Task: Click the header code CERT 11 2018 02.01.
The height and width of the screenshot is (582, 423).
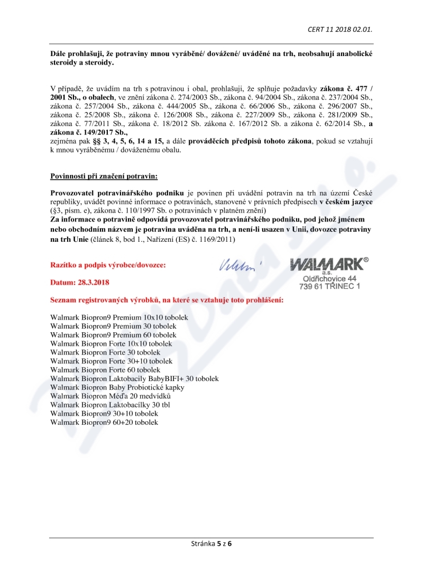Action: [x=343, y=29]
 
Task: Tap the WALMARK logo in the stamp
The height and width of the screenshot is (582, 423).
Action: [x=326, y=263]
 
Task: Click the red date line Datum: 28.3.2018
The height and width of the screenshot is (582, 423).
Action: [x=80, y=283]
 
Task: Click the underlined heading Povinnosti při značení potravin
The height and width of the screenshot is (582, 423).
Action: [x=104, y=176]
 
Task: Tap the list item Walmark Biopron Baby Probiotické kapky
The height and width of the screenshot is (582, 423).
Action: [x=117, y=387]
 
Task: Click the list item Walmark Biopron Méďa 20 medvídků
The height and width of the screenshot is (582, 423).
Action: [x=111, y=396]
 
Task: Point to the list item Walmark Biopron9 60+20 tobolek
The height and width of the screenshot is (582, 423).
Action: [x=104, y=422]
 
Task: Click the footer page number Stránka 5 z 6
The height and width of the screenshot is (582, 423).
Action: [x=211, y=544]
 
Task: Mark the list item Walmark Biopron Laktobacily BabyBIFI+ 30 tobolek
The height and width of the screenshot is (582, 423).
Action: [x=134, y=379]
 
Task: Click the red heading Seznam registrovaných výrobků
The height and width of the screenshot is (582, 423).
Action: [x=167, y=300]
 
